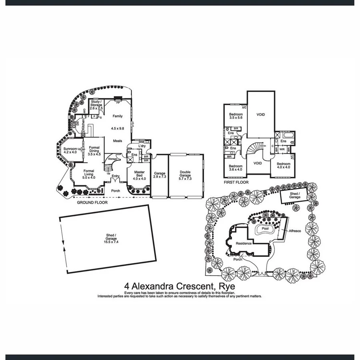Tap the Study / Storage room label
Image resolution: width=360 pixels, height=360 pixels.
pyautogui.click(x=96, y=105)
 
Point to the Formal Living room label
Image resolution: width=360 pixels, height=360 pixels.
pyautogui.click(x=89, y=173)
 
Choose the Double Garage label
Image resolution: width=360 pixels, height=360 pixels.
pyautogui.click(x=185, y=174)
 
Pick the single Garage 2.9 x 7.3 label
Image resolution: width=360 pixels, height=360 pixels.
pyautogui.click(x=160, y=175)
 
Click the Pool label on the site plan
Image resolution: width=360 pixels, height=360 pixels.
pyautogui.click(x=265, y=229)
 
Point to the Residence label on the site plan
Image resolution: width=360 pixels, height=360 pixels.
pyautogui.click(x=244, y=243)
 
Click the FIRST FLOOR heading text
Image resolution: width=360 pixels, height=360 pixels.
pyautogui.click(x=236, y=182)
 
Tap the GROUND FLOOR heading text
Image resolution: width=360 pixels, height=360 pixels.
pyautogui.click(x=92, y=202)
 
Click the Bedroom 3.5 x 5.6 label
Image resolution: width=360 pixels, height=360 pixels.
pyautogui.click(x=236, y=116)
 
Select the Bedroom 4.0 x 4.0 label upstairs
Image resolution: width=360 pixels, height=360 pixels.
pyautogui.click(x=283, y=166)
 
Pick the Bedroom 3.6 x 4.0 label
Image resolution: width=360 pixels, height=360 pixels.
pyautogui.click(x=236, y=168)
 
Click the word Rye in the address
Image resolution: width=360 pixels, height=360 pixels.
pyautogui.click(x=227, y=287)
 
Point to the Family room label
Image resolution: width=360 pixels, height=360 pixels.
pyautogui.click(x=117, y=116)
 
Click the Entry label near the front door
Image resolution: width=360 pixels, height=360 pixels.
pyautogui.click(x=116, y=176)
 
